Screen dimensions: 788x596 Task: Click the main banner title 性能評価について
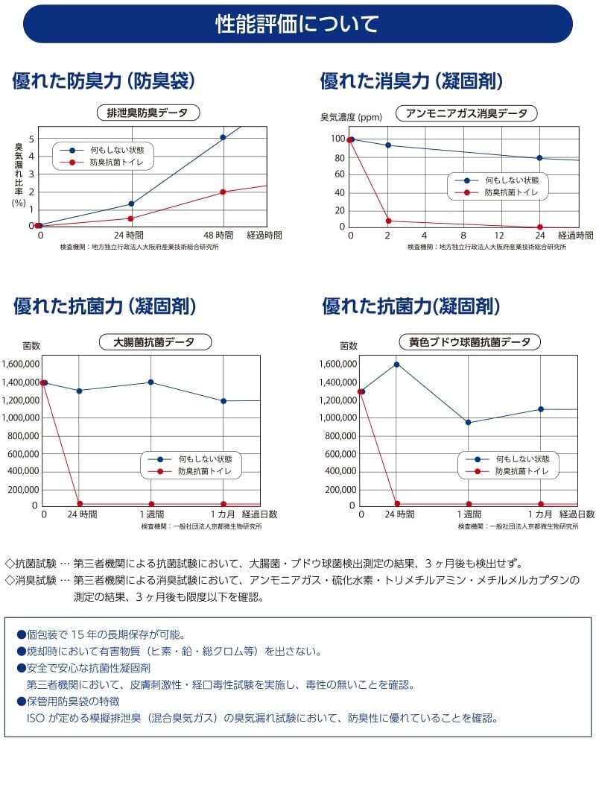(297, 24)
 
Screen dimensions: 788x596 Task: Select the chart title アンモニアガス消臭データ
(466, 113)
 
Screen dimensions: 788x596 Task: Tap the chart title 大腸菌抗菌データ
(155, 342)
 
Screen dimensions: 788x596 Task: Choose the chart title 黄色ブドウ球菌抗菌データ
(470, 342)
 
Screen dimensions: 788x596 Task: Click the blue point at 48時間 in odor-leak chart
(223, 137)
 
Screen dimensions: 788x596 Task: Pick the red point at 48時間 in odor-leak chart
(223, 192)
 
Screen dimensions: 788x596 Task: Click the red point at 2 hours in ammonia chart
(387, 221)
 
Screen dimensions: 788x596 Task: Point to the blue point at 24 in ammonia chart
(539, 158)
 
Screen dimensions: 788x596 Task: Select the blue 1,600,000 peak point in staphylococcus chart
(396, 365)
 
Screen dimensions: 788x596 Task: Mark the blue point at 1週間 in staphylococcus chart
(468, 423)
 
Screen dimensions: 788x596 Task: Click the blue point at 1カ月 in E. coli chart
(223, 401)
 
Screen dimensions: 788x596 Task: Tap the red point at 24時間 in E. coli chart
(80, 504)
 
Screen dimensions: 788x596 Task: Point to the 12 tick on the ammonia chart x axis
(500, 236)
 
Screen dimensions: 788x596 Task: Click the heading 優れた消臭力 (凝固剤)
(411, 81)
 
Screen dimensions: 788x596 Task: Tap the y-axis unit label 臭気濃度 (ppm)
(351, 117)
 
